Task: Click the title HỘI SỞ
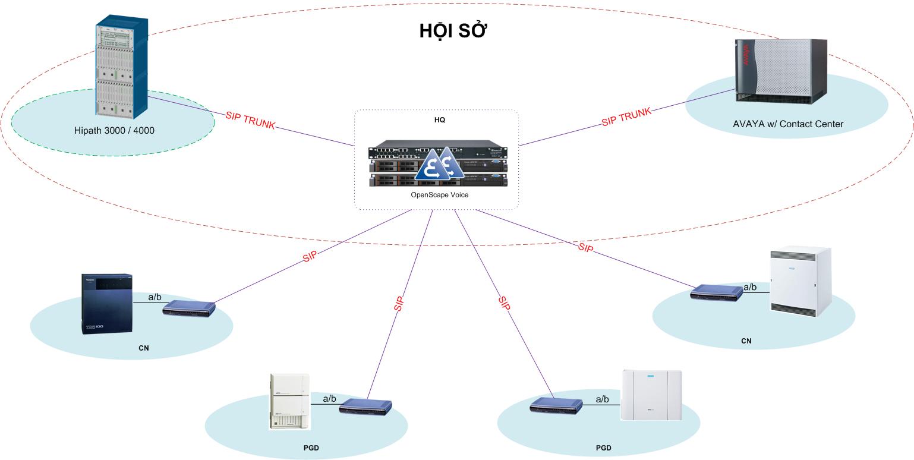pos(453,31)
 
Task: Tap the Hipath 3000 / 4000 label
pos(114,130)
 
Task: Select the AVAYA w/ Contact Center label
pos(788,124)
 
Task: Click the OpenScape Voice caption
pos(439,194)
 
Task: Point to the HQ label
pos(439,119)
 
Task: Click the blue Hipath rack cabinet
pos(121,69)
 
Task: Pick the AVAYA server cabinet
pos(780,70)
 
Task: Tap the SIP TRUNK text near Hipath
pos(250,119)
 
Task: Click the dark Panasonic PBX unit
pos(106,304)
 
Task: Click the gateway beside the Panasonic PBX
pos(189,307)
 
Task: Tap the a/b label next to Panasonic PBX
pos(155,297)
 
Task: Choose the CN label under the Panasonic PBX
pos(143,348)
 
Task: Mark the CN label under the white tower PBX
pos(746,341)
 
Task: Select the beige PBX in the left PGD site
pos(289,401)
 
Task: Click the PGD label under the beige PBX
pos(311,448)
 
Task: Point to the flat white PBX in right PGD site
pos(652,395)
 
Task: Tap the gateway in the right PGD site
pos(556,405)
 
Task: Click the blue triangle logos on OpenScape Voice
pos(439,165)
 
